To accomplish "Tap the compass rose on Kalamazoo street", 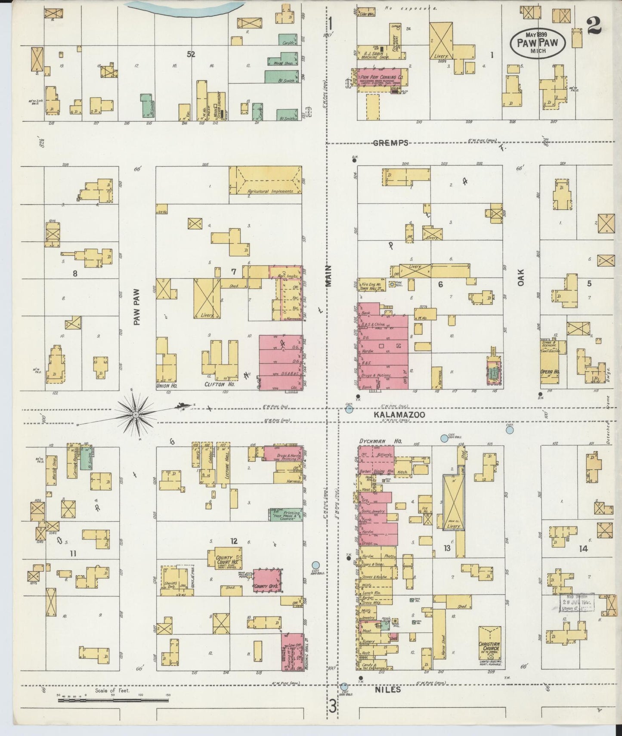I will [x=136, y=414].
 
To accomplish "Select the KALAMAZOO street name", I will [x=399, y=414].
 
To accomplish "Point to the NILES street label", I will [x=390, y=689].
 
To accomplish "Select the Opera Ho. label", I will [x=550, y=371].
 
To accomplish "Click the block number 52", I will [x=191, y=54].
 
